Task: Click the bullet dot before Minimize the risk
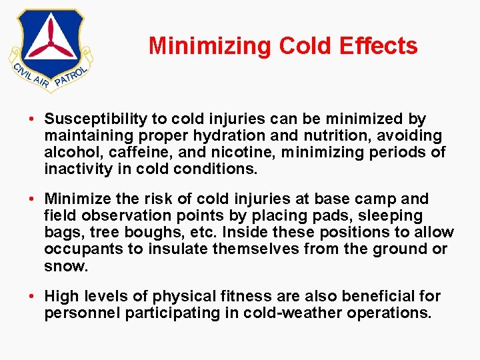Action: point(32,199)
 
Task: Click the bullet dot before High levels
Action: point(32,297)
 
